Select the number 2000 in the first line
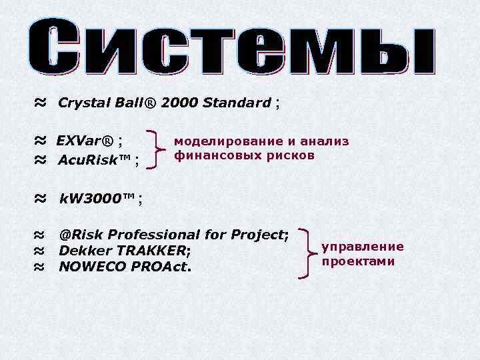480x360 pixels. click(179, 103)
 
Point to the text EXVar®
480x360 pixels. click(85, 141)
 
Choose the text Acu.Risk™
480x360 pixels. click(95, 160)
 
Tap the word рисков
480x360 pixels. click(286, 156)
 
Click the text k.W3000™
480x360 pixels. click(97, 199)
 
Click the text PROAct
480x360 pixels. click(160, 267)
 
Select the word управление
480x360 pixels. click(363, 247)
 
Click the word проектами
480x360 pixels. click(358, 261)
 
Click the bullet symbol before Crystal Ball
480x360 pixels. click(40, 103)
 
